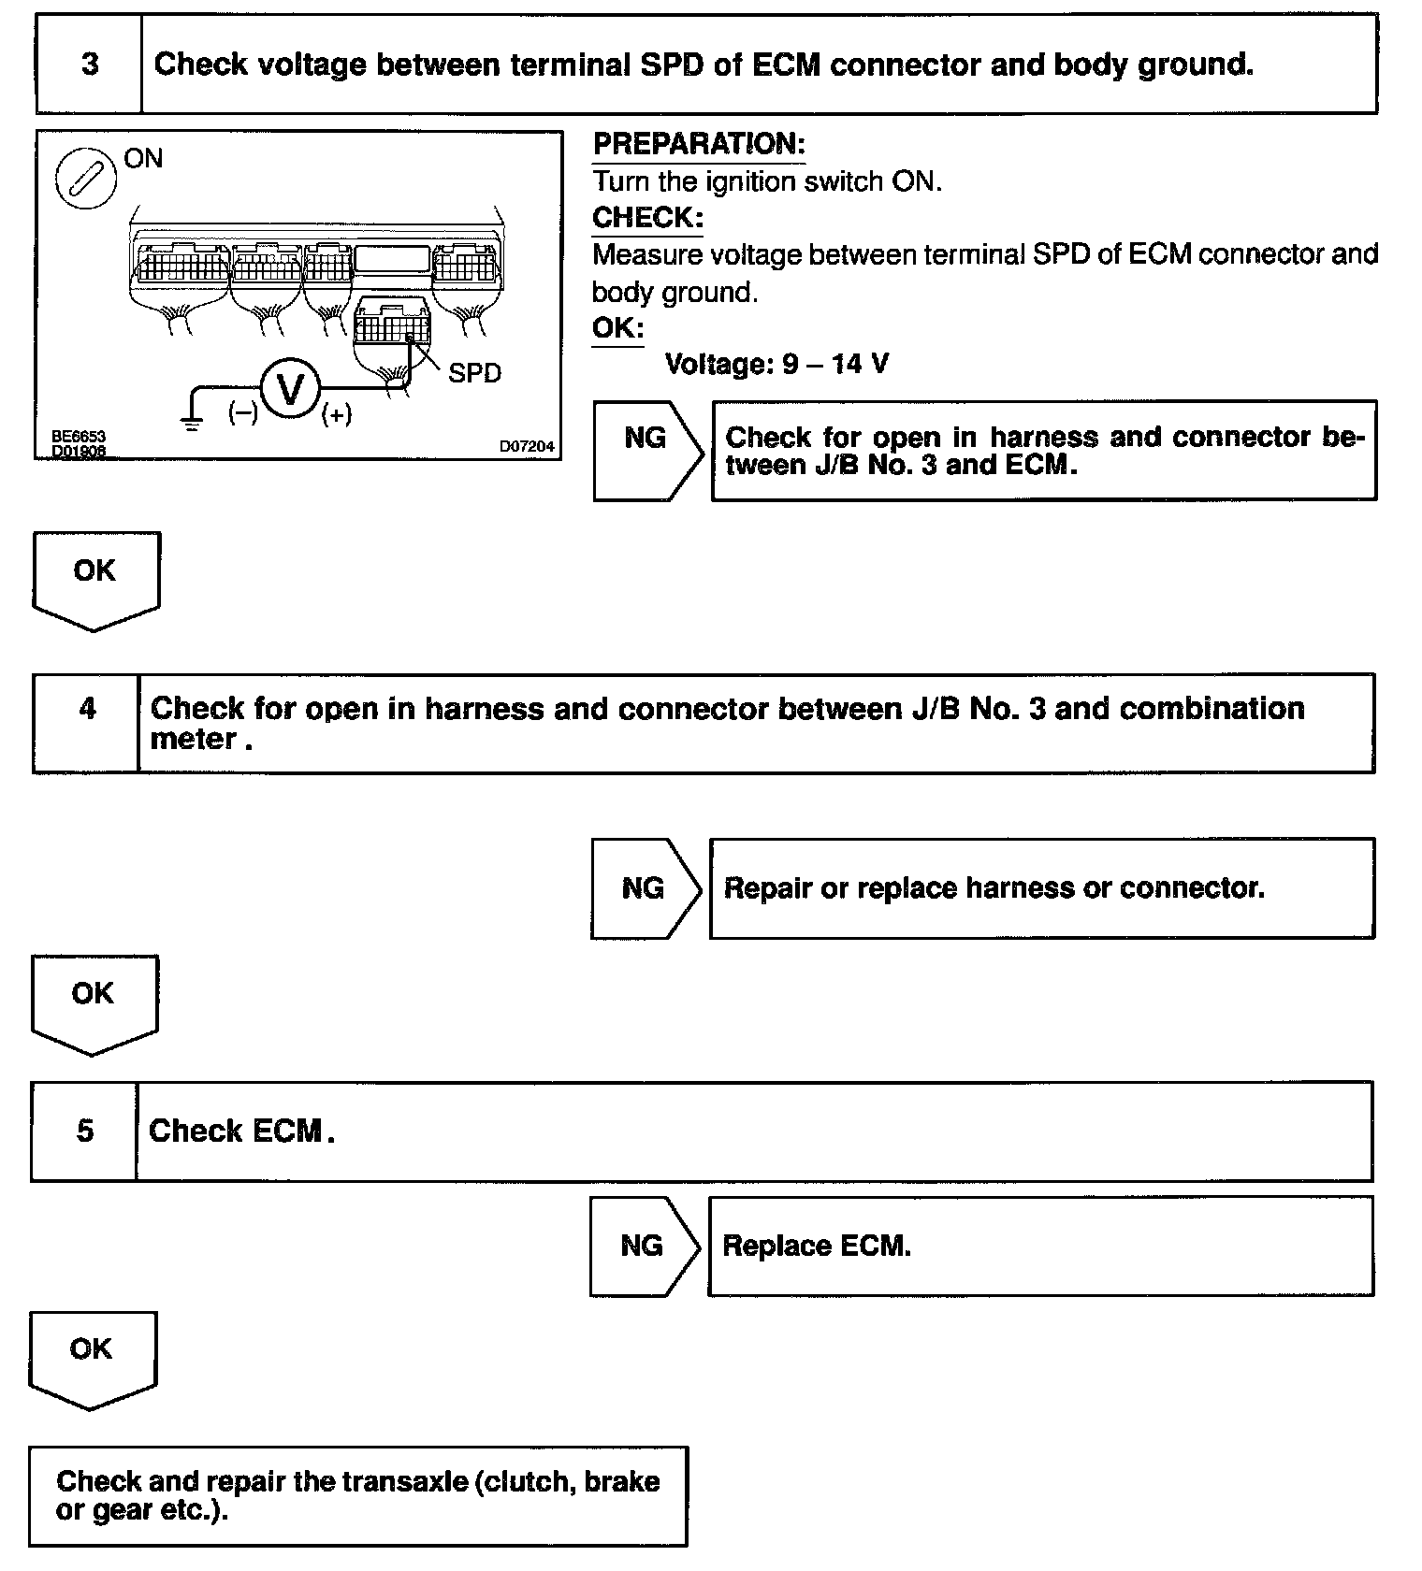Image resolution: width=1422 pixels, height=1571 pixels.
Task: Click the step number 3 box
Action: click(x=89, y=65)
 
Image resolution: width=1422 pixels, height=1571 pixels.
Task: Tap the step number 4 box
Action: click(x=86, y=723)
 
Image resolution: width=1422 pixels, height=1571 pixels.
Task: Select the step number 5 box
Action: click(x=84, y=1131)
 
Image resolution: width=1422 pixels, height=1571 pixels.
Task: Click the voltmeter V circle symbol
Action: click(x=291, y=388)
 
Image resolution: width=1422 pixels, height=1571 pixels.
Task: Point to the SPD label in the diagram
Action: click(x=474, y=373)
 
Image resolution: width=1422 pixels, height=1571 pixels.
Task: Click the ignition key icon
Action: click(x=86, y=178)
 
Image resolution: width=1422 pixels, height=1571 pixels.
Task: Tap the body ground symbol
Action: click(x=191, y=423)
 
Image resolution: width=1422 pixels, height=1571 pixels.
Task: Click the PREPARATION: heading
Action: click(x=699, y=144)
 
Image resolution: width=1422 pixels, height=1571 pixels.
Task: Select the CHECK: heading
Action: click(x=647, y=218)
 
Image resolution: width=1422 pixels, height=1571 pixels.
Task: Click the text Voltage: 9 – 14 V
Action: click(x=776, y=364)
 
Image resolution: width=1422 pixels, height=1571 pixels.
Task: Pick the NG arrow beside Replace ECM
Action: click(x=645, y=1246)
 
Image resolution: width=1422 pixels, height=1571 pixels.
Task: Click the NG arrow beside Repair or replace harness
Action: click(x=646, y=887)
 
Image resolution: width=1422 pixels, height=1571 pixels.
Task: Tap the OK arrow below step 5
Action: click(x=92, y=1358)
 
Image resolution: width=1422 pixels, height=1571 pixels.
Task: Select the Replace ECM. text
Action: click(x=816, y=1246)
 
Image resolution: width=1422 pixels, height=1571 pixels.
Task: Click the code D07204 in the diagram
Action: click(x=527, y=447)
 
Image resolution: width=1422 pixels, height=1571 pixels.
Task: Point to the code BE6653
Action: click(x=79, y=437)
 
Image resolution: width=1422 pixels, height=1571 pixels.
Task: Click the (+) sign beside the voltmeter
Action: click(x=337, y=414)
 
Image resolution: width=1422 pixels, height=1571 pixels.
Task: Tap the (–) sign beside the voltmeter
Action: click(x=243, y=412)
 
